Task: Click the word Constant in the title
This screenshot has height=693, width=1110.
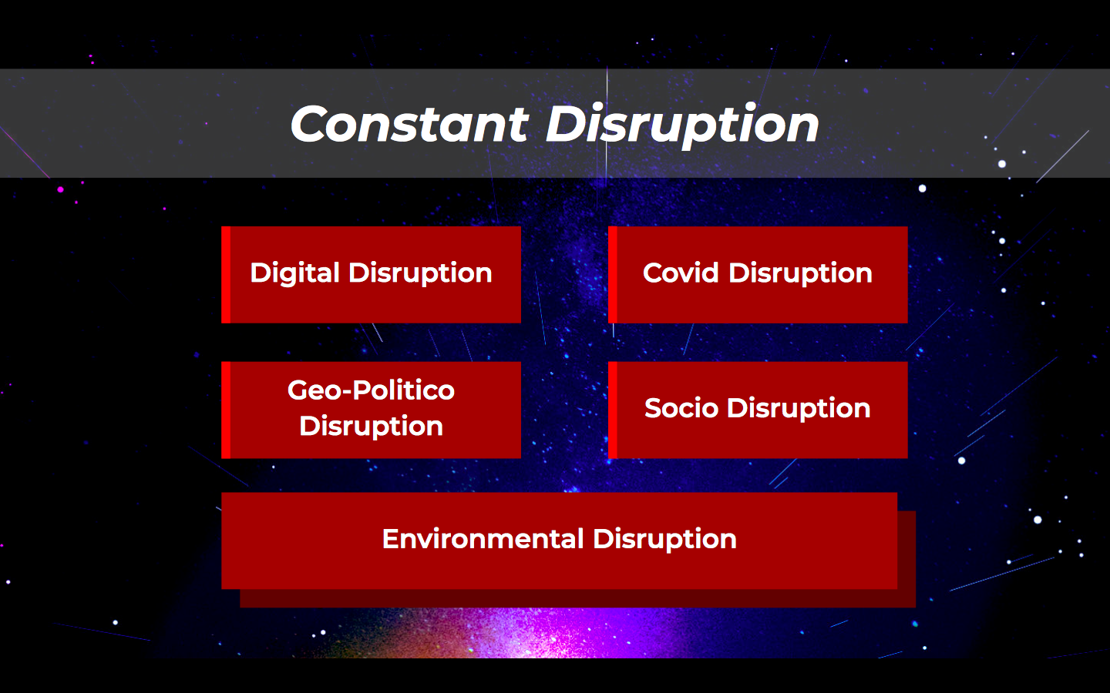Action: click(x=410, y=124)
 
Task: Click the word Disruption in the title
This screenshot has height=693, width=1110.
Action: click(x=682, y=126)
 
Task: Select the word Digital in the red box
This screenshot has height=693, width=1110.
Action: click(x=294, y=274)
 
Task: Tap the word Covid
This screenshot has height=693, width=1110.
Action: click(x=681, y=273)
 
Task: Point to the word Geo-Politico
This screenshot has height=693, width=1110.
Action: click(x=372, y=390)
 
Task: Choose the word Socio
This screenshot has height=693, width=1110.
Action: click(x=681, y=408)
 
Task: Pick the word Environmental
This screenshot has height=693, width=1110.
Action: click(x=483, y=538)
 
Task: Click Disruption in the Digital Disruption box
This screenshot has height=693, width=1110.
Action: click(x=420, y=274)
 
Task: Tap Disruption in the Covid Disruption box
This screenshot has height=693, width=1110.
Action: click(x=800, y=274)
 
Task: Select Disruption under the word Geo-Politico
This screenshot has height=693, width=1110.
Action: click(x=372, y=427)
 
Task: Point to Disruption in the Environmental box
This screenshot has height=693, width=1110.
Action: click(x=665, y=540)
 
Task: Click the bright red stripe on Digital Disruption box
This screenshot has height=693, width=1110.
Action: click(x=226, y=275)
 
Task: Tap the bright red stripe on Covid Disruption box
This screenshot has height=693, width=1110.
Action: click(x=613, y=275)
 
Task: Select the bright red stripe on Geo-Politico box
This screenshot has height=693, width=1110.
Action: click(x=226, y=410)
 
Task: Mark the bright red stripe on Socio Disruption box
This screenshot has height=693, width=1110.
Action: click(x=613, y=410)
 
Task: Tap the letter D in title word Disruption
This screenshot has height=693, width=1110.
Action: click(x=567, y=124)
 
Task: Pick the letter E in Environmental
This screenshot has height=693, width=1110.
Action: click(x=391, y=538)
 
